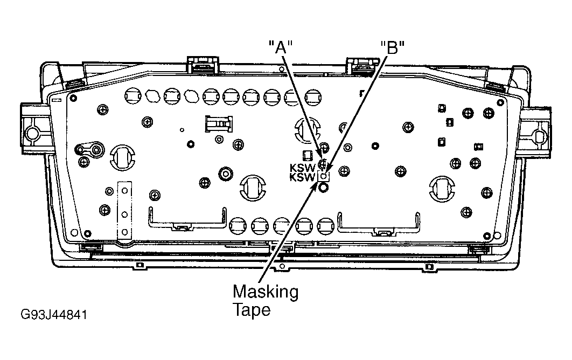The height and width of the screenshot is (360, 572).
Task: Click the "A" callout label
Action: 281,47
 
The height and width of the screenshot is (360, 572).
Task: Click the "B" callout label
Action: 393,47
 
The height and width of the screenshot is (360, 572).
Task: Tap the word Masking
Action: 266,292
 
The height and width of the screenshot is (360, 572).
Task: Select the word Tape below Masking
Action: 252,310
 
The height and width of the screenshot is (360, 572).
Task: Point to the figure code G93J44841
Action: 54,315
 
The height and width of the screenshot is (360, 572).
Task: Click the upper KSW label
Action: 302,168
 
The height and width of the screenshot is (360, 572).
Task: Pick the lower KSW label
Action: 302,177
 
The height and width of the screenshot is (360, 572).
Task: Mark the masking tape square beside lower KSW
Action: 324,176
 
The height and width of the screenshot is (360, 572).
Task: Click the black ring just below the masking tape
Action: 323,188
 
